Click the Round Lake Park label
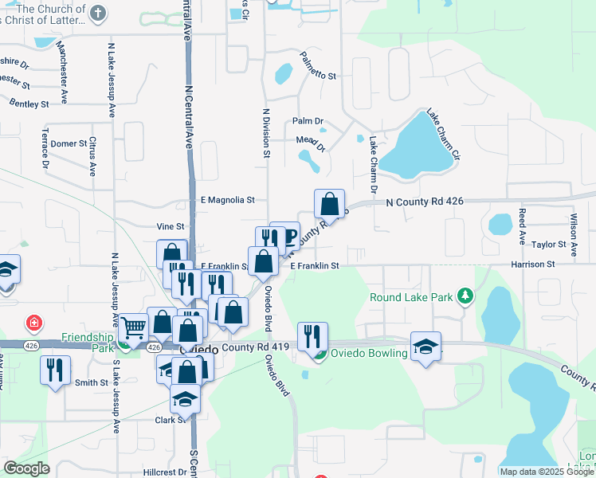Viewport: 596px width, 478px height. pos(411,298)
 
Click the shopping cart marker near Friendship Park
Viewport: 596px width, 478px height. pos(133,325)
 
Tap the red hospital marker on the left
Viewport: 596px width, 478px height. pos(33,323)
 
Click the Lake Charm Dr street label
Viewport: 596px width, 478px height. pos(372,164)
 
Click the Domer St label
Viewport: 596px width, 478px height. pos(70,143)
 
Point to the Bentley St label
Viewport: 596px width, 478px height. pos(29,104)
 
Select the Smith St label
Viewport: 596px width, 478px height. pos(92,382)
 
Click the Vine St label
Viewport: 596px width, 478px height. pos(170,227)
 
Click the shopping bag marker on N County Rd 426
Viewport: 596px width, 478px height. pos(329,205)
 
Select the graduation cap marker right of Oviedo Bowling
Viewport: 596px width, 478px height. pos(425,347)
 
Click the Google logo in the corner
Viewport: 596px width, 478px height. pos(26,468)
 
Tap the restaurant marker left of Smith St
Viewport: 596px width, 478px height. pos(55,370)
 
